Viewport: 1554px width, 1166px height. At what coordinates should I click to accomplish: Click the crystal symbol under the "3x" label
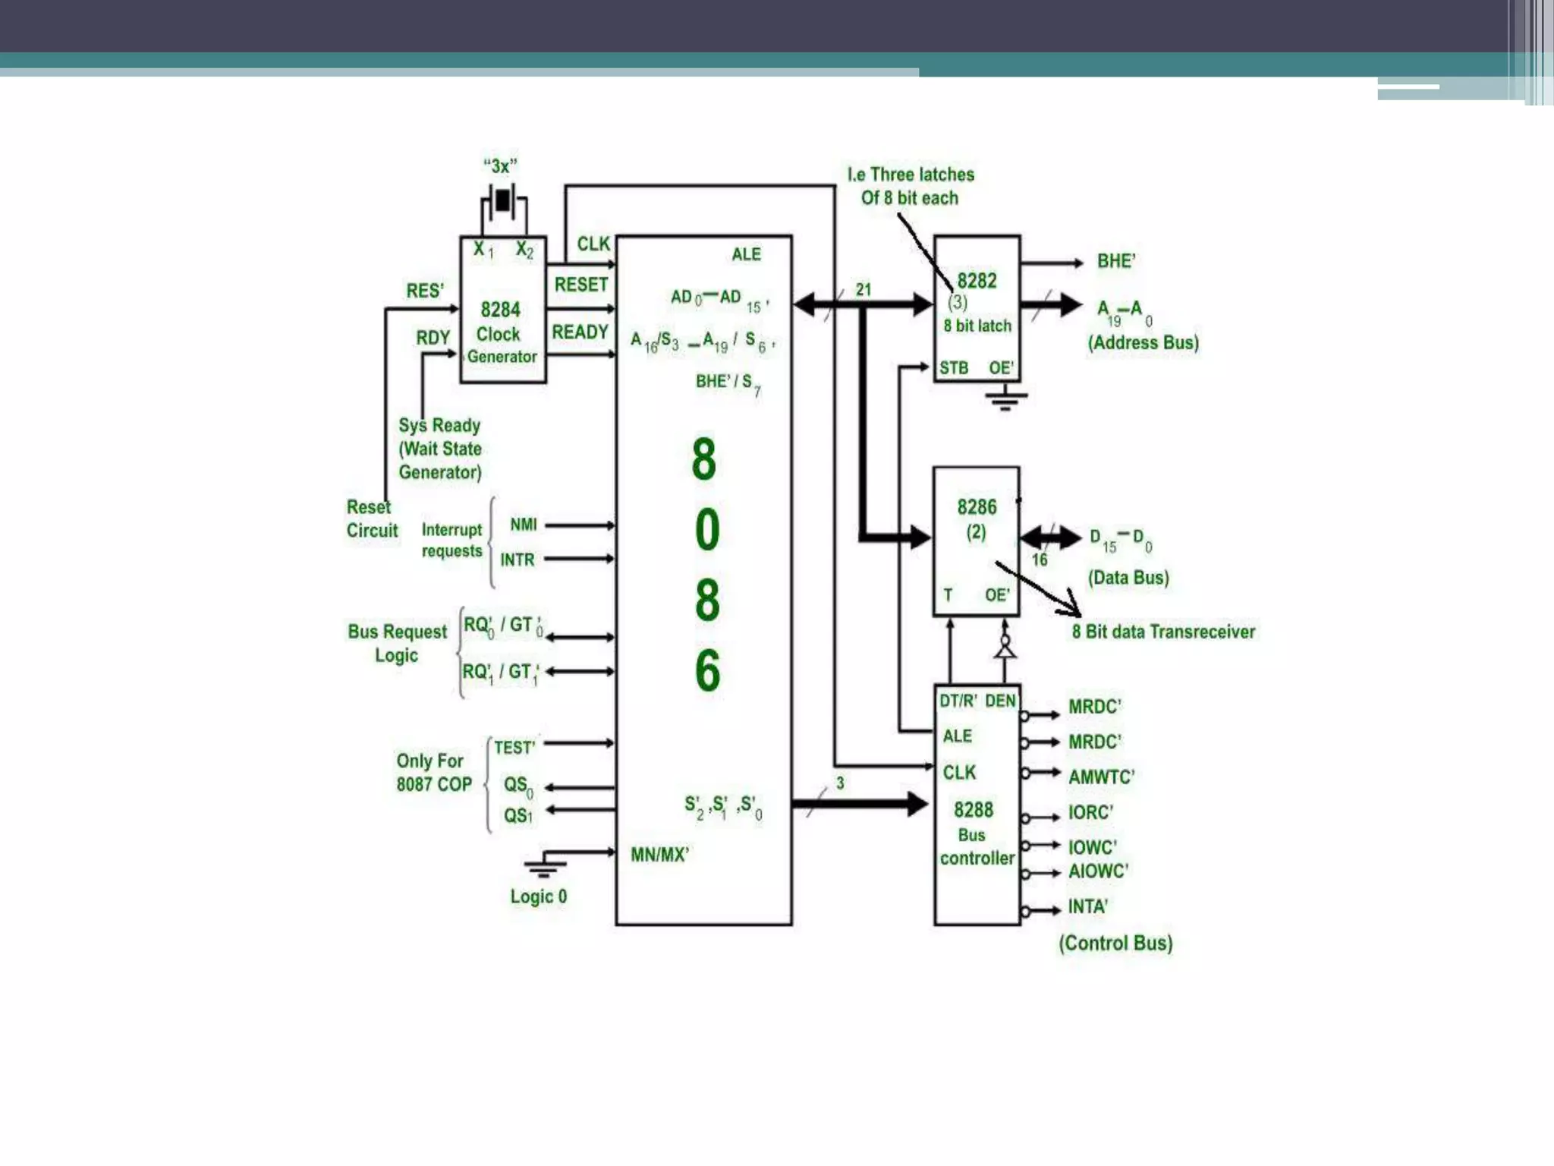tap(502, 201)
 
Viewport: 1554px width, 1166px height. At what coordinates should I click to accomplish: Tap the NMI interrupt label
tap(523, 525)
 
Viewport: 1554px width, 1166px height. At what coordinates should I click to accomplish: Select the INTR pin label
tap(517, 559)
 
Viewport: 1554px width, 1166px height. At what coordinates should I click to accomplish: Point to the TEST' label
tap(514, 748)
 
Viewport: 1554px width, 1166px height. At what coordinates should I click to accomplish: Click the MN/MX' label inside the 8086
tap(659, 855)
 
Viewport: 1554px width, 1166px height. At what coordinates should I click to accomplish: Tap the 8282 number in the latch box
tap(976, 281)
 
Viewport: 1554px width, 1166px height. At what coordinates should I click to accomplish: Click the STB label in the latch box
tap(953, 368)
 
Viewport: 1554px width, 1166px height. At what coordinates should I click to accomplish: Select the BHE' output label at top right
tap(1115, 262)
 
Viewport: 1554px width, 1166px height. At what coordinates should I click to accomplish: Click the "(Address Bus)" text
tap(1143, 342)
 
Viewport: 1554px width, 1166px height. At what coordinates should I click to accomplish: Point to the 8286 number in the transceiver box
tap(976, 507)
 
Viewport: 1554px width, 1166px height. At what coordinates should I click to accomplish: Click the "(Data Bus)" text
tap(1128, 578)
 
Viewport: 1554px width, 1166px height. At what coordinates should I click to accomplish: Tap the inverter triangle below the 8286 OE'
tap(1005, 649)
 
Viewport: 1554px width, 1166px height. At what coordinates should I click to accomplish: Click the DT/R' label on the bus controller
tap(958, 701)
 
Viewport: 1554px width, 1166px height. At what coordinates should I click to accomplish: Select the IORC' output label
tap(1090, 812)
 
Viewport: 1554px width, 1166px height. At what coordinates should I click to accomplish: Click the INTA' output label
tap(1087, 906)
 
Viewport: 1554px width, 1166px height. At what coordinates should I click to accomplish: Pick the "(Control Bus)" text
tap(1115, 943)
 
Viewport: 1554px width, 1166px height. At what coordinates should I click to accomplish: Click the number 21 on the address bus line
tap(863, 289)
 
